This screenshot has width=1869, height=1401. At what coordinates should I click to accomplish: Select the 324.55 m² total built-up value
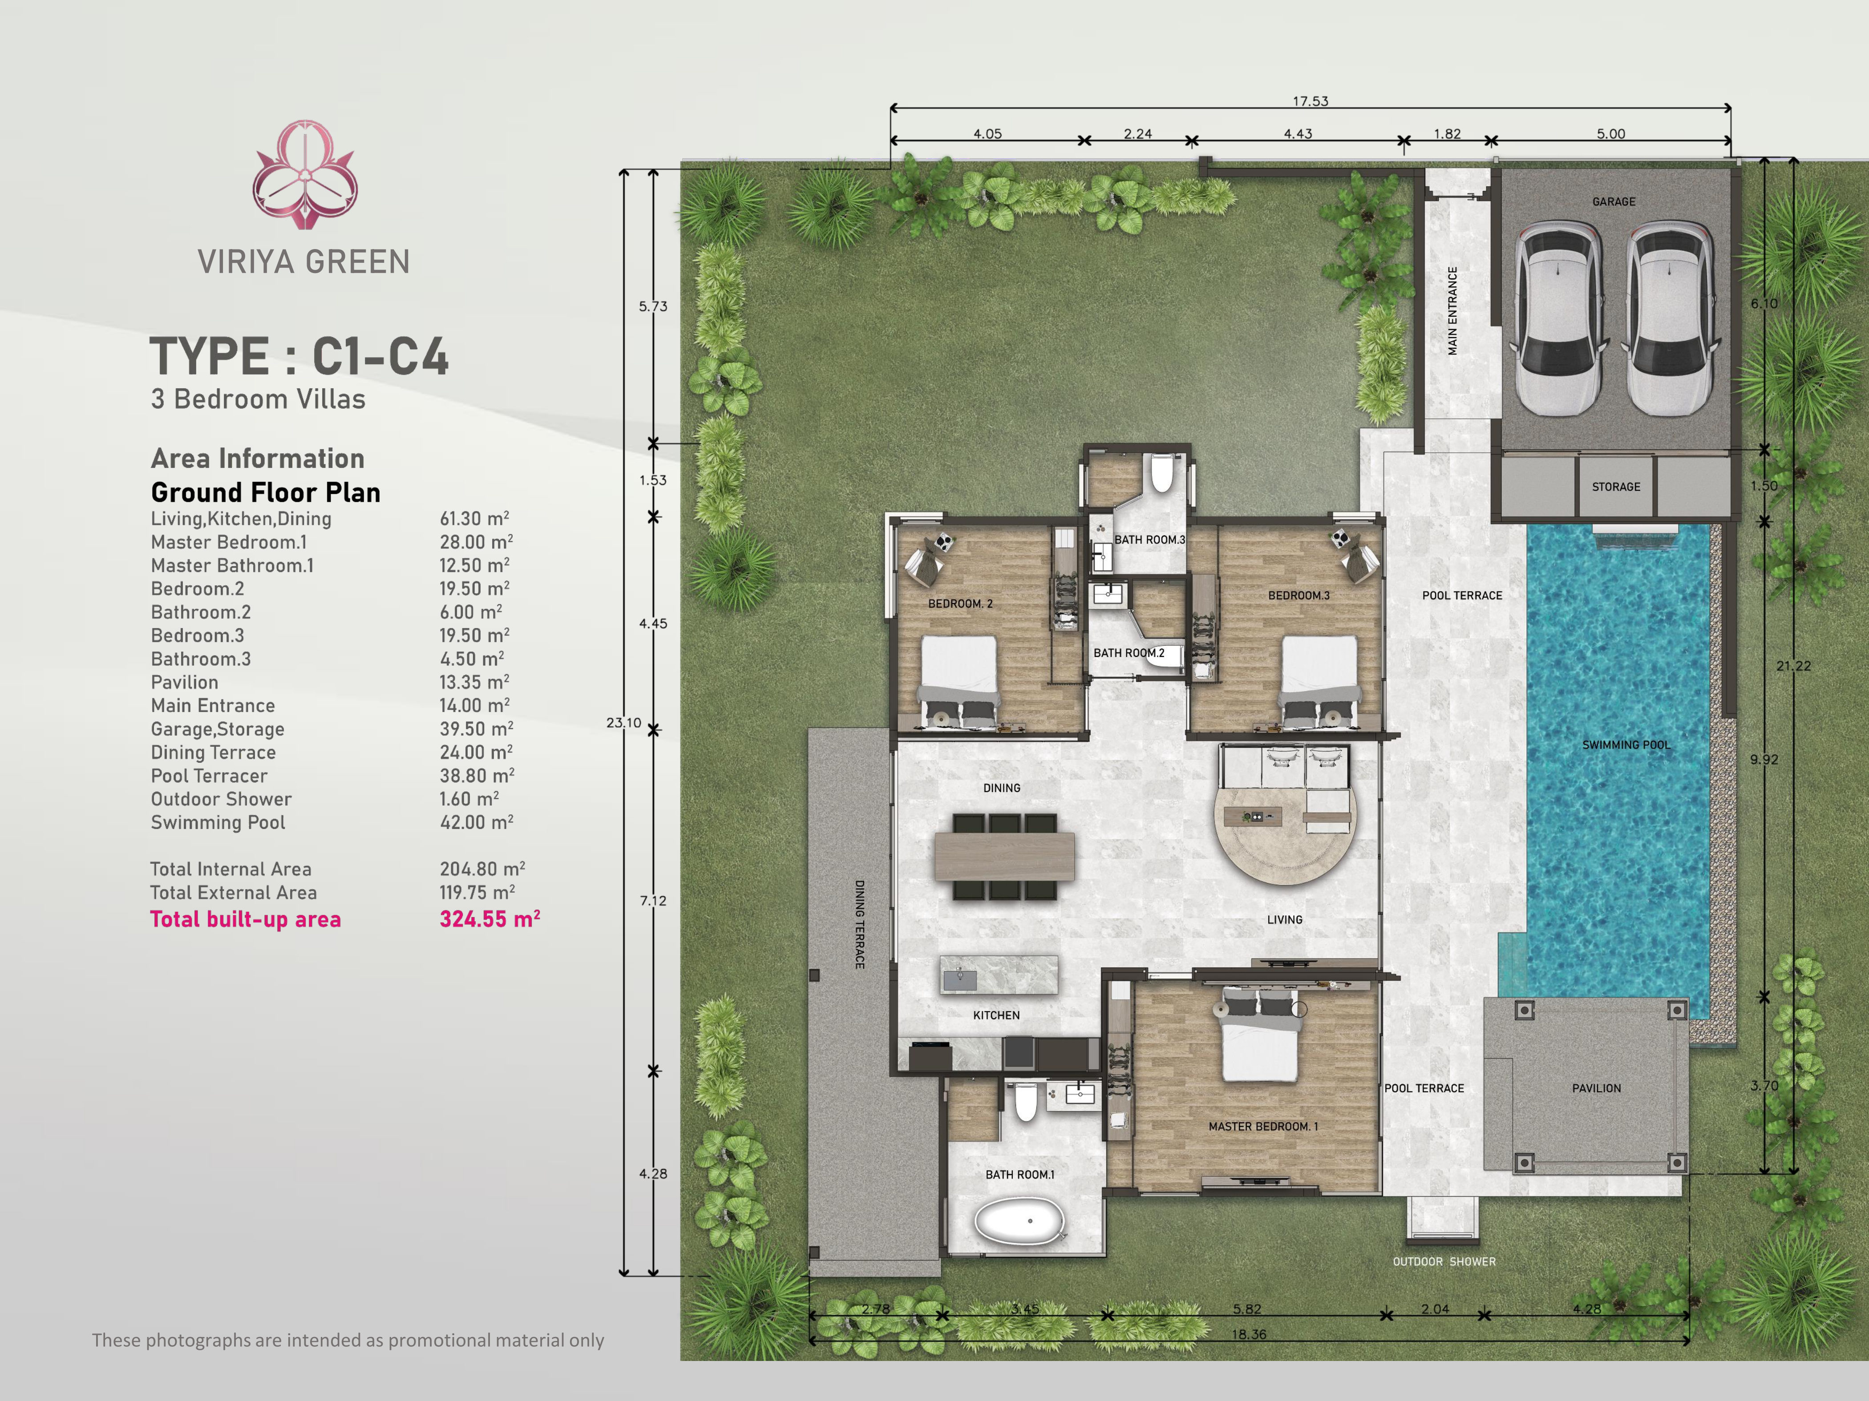pyautogui.click(x=489, y=919)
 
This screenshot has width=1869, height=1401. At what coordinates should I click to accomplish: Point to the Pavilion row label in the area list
pyautogui.click(x=184, y=682)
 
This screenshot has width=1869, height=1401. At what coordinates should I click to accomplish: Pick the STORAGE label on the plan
pyautogui.click(x=1615, y=487)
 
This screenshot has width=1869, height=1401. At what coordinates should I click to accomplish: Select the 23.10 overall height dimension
pyautogui.click(x=623, y=723)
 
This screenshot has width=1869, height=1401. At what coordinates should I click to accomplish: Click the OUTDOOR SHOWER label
pyautogui.click(x=1444, y=1262)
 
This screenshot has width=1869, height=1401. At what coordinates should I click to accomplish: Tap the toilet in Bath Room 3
pyautogui.click(x=1162, y=474)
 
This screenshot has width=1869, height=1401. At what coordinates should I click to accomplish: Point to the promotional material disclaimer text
pyautogui.click(x=348, y=1340)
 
